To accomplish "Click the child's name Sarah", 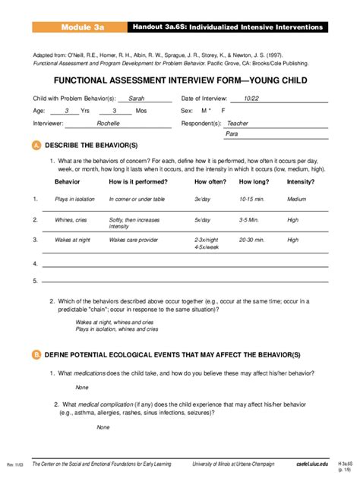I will coord(136,99).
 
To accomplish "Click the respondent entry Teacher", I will coord(238,122).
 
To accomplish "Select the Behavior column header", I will coord(68,183).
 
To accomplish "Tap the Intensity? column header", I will coord(301,183).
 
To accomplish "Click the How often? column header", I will coord(210,183).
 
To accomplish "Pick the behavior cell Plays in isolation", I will coord(75,199).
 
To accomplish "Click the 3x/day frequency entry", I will coord(202,199).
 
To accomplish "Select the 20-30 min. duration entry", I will coord(252,238).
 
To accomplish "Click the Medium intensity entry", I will coord(296,199).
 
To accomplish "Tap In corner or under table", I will coord(137,199).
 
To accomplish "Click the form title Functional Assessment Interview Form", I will coord(179,79).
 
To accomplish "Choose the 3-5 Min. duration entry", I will coord(249,219).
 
